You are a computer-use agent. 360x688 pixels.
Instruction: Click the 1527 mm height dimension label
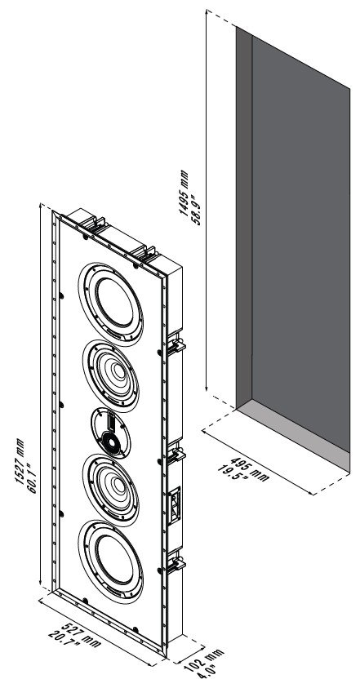20,461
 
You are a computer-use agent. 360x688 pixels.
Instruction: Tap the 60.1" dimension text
33,478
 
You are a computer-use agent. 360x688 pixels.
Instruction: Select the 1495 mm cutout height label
184,193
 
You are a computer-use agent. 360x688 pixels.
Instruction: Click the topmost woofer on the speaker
111,304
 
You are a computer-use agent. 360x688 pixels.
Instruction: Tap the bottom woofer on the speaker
111,561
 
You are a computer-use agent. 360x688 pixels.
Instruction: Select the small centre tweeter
111,433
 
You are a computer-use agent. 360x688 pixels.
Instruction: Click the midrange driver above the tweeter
111,376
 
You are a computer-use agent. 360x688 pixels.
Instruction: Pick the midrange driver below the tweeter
111,490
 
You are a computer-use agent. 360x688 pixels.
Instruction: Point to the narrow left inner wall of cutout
244,218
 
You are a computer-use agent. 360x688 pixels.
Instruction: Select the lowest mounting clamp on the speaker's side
176,564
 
